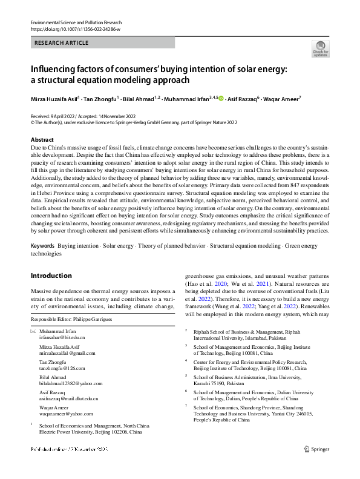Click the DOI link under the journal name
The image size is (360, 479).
pos(75,28)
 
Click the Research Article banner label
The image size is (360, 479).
pos(62,43)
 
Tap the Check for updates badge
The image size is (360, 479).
pos(320,49)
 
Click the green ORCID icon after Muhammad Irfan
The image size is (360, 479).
pos(221,99)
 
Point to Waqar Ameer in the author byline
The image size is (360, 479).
pos(282,99)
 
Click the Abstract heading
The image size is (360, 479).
pos(42,140)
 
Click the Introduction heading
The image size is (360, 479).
pos(51,276)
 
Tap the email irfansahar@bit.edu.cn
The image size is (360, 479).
pos(62,337)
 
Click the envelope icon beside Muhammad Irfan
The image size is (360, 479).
pos(33,331)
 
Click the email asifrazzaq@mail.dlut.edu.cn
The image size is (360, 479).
pos(68,398)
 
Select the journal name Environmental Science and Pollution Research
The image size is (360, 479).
pos(79,22)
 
